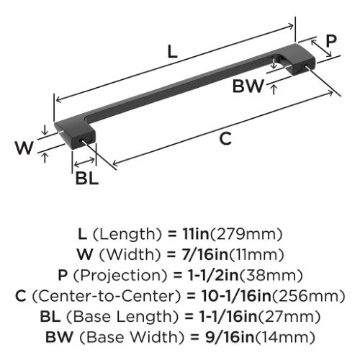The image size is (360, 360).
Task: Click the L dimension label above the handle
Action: click(172, 52)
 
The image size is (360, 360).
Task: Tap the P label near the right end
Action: click(330, 41)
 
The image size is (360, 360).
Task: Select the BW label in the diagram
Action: click(248, 86)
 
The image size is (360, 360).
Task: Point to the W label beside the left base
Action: click(24, 148)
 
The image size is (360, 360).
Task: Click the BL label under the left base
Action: click(86, 178)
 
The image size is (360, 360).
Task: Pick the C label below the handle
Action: click(225, 138)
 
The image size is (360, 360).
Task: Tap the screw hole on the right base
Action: click(307, 66)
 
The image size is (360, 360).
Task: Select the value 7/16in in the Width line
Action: click(204, 254)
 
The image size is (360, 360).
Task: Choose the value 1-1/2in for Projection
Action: click(213, 275)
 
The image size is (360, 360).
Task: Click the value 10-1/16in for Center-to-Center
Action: click(236, 296)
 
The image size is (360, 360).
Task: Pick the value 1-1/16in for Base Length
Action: click(228, 316)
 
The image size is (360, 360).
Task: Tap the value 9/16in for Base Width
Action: click(230, 337)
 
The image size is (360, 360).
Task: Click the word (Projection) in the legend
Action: click(120, 275)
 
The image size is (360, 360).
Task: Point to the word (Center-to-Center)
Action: click(106, 296)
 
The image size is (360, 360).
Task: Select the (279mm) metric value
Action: click(246, 234)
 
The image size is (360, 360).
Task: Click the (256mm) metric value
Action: click(309, 296)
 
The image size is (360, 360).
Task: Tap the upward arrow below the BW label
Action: click(274, 89)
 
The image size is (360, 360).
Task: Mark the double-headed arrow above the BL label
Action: click(84, 163)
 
